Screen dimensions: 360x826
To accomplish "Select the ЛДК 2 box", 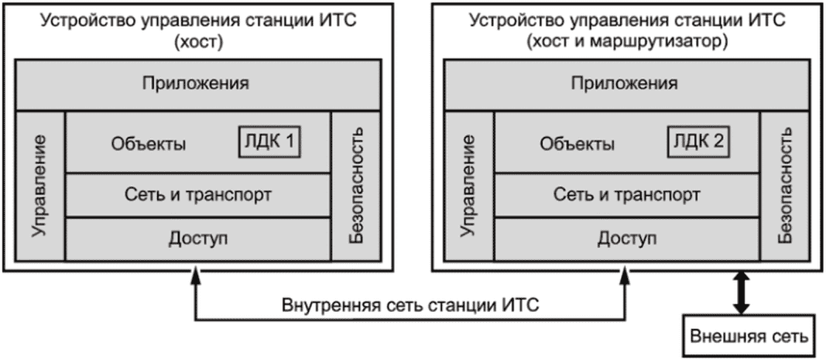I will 699,142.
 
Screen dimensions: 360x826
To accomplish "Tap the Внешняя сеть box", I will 749,335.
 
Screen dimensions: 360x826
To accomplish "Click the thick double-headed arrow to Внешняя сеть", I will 742,293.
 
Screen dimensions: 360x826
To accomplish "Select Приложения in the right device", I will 625,84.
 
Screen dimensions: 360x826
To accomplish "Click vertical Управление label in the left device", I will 39,187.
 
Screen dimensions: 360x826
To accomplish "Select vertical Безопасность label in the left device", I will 356,187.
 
